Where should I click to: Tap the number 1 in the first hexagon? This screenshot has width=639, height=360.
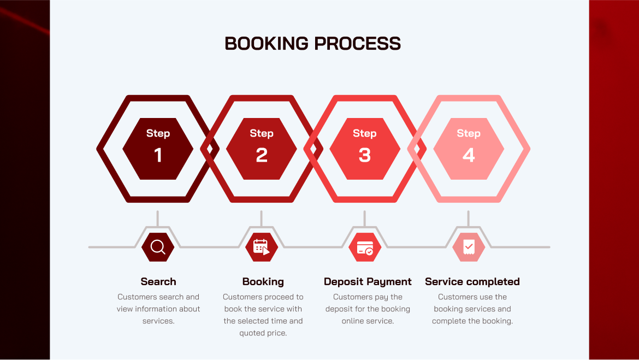click(x=158, y=156)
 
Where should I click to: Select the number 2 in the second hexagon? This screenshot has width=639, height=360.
click(x=262, y=156)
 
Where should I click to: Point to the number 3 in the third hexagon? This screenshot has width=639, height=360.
click(x=365, y=156)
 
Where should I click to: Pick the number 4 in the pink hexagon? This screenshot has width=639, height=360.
click(x=469, y=156)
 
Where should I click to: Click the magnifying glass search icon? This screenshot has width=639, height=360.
click(x=158, y=247)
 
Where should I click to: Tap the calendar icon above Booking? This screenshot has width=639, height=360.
click(x=262, y=247)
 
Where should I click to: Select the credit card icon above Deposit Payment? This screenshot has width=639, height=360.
click(x=365, y=247)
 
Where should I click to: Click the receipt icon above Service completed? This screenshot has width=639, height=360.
click(x=469, y=247)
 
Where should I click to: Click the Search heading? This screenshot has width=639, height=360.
click(x=158, y=282)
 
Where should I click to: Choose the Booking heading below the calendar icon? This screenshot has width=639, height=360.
click(x=263, y=282)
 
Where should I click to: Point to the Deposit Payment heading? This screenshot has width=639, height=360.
click(x=368, y=282)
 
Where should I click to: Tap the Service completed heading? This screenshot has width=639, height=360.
click(x=472, y=282)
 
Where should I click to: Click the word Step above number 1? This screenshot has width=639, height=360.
click(x=158, y=133)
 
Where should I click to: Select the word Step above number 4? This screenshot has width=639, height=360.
click(x=469, y=133)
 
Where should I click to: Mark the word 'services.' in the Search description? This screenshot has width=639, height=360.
click(x=158, y=321)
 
